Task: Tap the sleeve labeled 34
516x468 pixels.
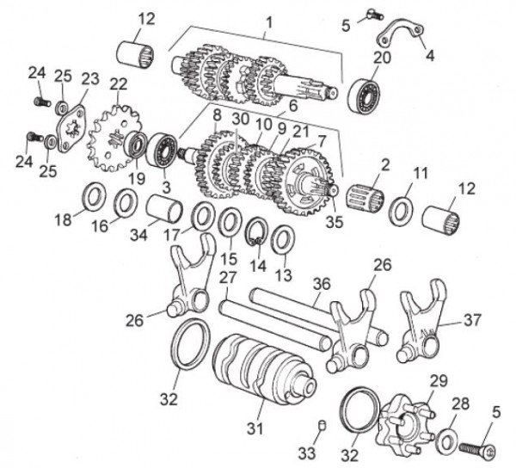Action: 161,209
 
